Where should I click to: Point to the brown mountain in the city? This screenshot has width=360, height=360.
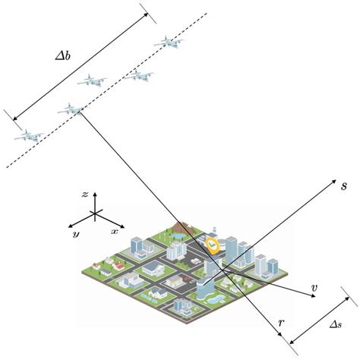coord(181,226)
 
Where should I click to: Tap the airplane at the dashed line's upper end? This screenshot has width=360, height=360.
coord(169,43)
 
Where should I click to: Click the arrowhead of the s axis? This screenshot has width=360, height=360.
coord(333,182)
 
